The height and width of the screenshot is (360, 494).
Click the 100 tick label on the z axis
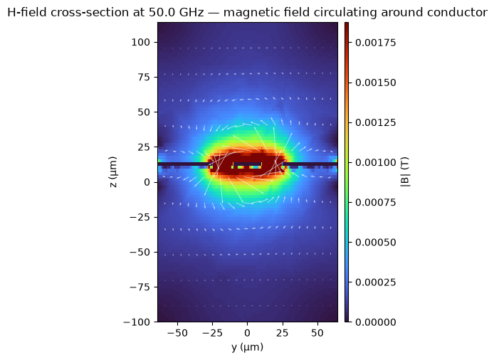pos(140,42)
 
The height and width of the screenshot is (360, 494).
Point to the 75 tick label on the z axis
pos(144,77)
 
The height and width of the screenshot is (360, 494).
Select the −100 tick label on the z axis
pos(137,322)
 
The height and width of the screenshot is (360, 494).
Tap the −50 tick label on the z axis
pos(140,253)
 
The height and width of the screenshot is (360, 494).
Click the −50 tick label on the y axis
pos(177,333)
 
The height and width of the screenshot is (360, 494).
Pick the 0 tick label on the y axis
pos(247,333)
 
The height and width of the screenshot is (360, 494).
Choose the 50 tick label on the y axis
pos(317,333)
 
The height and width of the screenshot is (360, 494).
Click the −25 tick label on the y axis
pos(212,333)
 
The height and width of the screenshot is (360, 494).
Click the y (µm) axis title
pos(247,347)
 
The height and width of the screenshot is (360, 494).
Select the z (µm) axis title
pos(113,172)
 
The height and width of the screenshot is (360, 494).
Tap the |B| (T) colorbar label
pos(405,172)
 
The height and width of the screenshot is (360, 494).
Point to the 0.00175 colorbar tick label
pos(376,43)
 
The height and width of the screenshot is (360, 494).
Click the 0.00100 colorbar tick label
pos(376,162)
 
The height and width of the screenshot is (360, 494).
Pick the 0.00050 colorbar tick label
pos(376,242)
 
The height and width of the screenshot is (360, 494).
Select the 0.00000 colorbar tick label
pos(376,322)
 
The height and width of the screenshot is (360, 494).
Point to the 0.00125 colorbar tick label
pos(376,122)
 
